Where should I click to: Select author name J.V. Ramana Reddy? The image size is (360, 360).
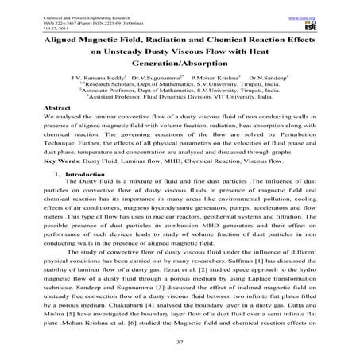97,79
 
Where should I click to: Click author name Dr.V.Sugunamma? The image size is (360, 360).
155,79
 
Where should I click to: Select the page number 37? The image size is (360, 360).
180,341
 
